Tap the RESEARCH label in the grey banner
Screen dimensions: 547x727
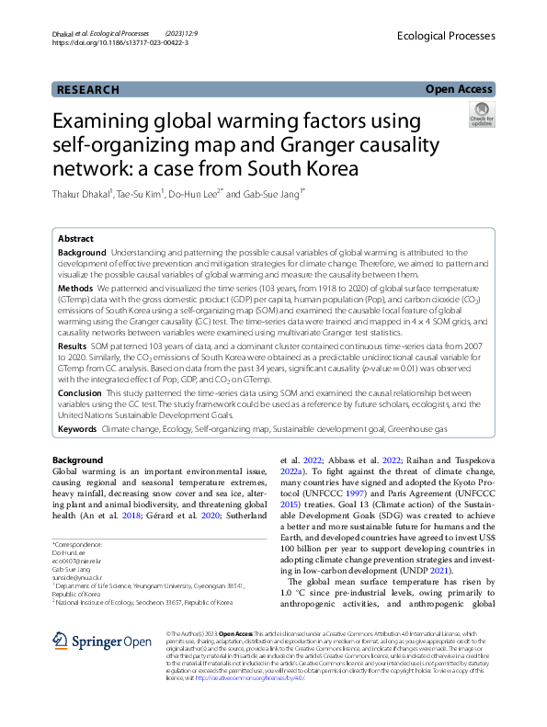coord(88,90)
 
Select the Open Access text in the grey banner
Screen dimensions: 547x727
coord(459,89)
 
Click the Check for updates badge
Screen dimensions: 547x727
coord(481,115)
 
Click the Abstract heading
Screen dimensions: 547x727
coord(76,237)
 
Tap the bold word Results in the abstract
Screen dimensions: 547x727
coord(74,346)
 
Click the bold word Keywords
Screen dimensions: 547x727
coord(77,429)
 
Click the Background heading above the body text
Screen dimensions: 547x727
coord(77,460)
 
